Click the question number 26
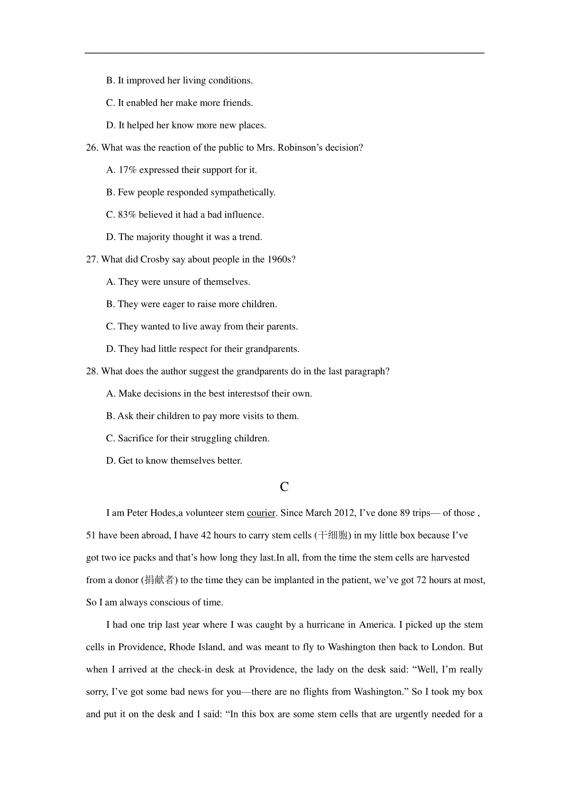click(x=92, y=148)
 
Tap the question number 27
click(x=92, y=260)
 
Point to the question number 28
click(x=92, y=372)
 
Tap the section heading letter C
click(x=284, y=487)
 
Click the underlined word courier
click(x=261, y=513)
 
